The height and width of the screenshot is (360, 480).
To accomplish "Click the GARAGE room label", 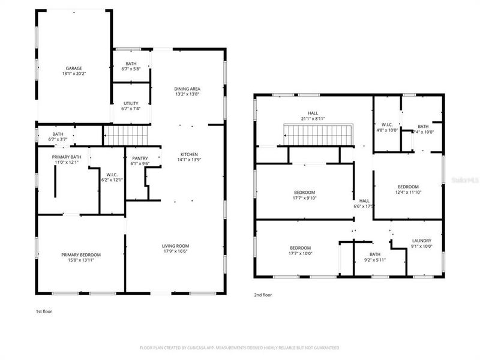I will [x=74, y=68].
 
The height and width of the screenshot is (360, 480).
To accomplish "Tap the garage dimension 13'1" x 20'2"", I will [x=74, y=74].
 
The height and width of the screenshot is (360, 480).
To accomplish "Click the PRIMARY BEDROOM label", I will [x=81, y=255].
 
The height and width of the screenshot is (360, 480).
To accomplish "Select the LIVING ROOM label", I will [x=176, y=245].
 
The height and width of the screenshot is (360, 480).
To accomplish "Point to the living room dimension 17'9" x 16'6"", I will [x=176, y=252].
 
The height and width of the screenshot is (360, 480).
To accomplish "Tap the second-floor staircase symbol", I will [x=319, y=135].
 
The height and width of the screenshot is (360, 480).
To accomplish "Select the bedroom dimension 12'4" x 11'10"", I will [x=408, y=193].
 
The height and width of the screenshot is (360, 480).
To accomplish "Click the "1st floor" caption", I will [x=44, y=311].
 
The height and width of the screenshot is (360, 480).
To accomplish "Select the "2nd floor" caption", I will [x=263, y=295].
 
